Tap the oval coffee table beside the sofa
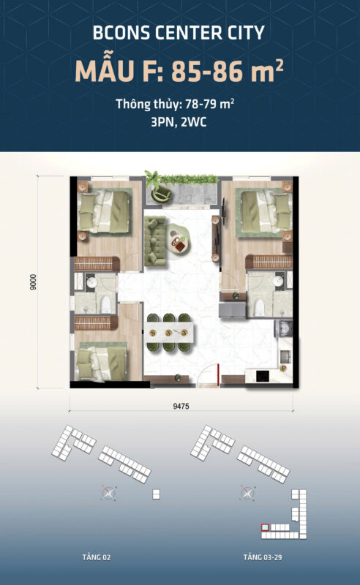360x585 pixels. pyautogui.click(x=179, y=241)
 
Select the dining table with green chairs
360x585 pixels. pyautogui.click(x=169, y=332)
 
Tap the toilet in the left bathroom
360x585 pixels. pyautogui.click(x=105, y=303)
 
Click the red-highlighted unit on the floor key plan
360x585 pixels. pyautogui.click(x=265, y=526)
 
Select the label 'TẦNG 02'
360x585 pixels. pyautogui.click(x=97, y=557)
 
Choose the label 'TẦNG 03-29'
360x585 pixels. pyautogui.click(x=253, y=557)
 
